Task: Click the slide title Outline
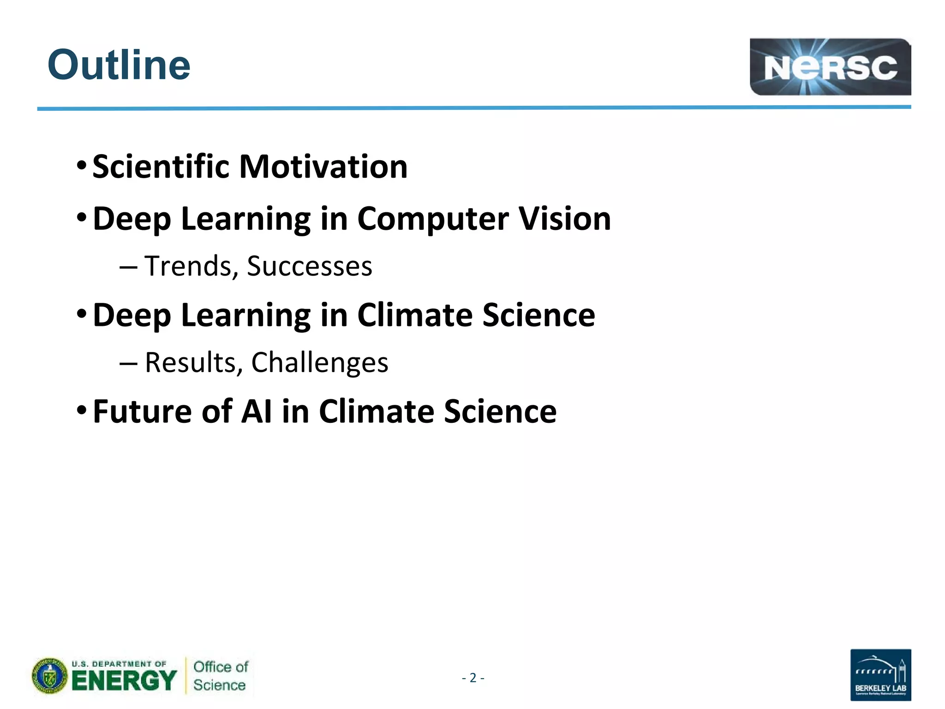[119, 65]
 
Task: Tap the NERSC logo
[830, 67]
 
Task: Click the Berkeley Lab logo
[880, 674]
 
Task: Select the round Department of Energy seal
[50, 676]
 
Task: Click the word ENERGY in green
[124, 681]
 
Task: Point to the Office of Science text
[220, 676]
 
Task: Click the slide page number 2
[472, 678]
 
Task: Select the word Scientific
[161, 167]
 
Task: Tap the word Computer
[433, 218]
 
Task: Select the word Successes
[309, 266]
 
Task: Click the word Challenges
[319, 363]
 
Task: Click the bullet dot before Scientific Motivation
[81, 165]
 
